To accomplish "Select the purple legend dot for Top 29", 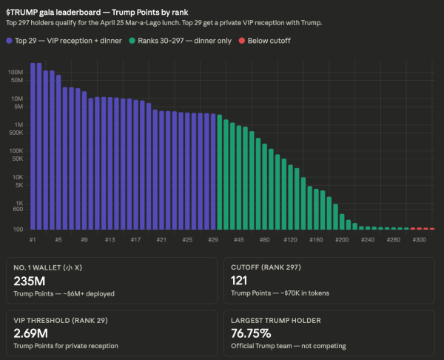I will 10,41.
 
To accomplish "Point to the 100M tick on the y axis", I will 16,72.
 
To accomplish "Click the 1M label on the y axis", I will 20,124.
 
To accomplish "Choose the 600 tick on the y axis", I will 18,209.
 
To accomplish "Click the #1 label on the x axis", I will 33,240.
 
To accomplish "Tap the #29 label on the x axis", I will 214,240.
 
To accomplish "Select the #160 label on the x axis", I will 316,240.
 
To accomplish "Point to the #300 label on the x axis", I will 419,240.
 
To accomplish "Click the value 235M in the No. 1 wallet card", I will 29,281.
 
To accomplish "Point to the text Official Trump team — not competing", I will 279,346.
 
